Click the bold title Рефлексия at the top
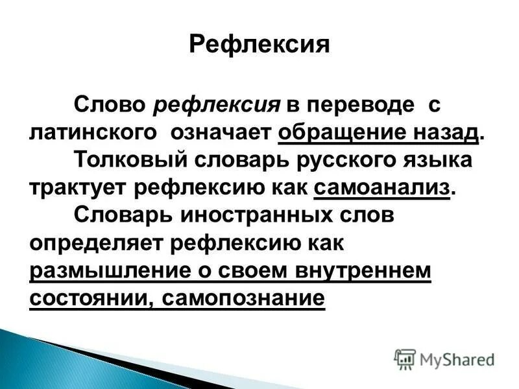click(x=259, y=45)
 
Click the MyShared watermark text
click(x=457, y=359)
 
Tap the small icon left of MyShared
click(x=404, y=359)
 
